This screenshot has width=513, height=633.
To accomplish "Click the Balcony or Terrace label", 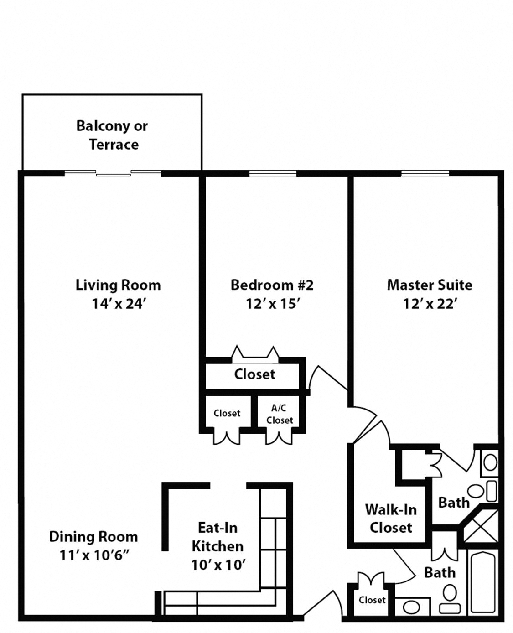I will point(112,135).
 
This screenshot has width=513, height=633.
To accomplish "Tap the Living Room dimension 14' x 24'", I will point(119,304).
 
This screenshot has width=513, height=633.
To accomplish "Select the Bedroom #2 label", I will point(272,285).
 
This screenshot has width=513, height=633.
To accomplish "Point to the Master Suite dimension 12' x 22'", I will point(430,304).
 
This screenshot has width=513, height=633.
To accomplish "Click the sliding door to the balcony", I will point(113,173).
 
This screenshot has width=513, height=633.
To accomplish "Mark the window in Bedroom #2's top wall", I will point(273,173).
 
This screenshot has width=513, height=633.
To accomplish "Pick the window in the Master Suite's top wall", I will point(425,173).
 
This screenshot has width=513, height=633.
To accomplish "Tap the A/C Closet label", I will point(280,414).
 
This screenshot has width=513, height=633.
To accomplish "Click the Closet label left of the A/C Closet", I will point(227,413).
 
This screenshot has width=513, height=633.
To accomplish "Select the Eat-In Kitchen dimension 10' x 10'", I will point(218,565).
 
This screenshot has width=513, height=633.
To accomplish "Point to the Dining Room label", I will point(93,537).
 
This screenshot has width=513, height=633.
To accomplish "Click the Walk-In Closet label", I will point(391,519).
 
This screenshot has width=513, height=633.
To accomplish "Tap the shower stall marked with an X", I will point(481,526).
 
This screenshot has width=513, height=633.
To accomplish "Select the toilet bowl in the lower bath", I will point(450,594).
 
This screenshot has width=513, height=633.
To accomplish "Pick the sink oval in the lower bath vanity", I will point(411,607).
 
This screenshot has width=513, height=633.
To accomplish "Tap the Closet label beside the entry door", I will point(372,600).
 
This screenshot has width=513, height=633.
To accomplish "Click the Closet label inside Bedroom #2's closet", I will point(254,374).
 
